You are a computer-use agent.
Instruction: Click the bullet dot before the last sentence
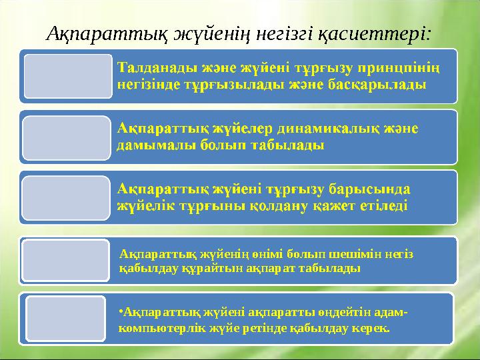click(x=121, y=312)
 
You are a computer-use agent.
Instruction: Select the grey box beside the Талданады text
click(x=67, y=76)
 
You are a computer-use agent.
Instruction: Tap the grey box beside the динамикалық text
click(x=67, y=138)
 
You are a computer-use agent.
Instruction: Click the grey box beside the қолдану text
click(x=67, y=197)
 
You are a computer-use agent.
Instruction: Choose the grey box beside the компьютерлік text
click(x=67, y=319)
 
